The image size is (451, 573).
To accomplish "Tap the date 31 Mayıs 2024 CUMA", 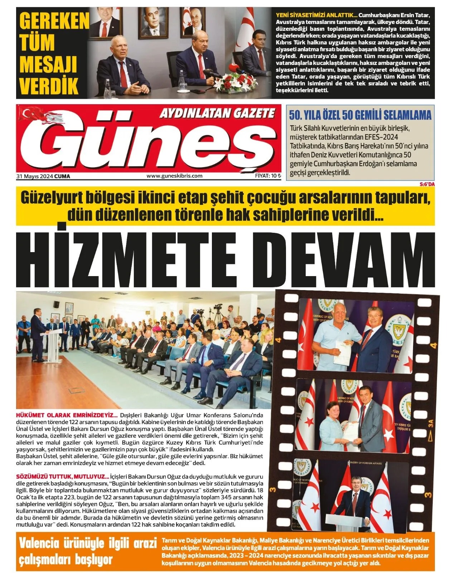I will [43, 176].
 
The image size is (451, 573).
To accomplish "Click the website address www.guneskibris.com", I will [174, 176].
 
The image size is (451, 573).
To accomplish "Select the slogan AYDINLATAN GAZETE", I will [217, 114].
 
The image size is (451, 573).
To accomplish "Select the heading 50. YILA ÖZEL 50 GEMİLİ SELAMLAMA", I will [360, 115].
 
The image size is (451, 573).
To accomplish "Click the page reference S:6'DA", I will [427, 184].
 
